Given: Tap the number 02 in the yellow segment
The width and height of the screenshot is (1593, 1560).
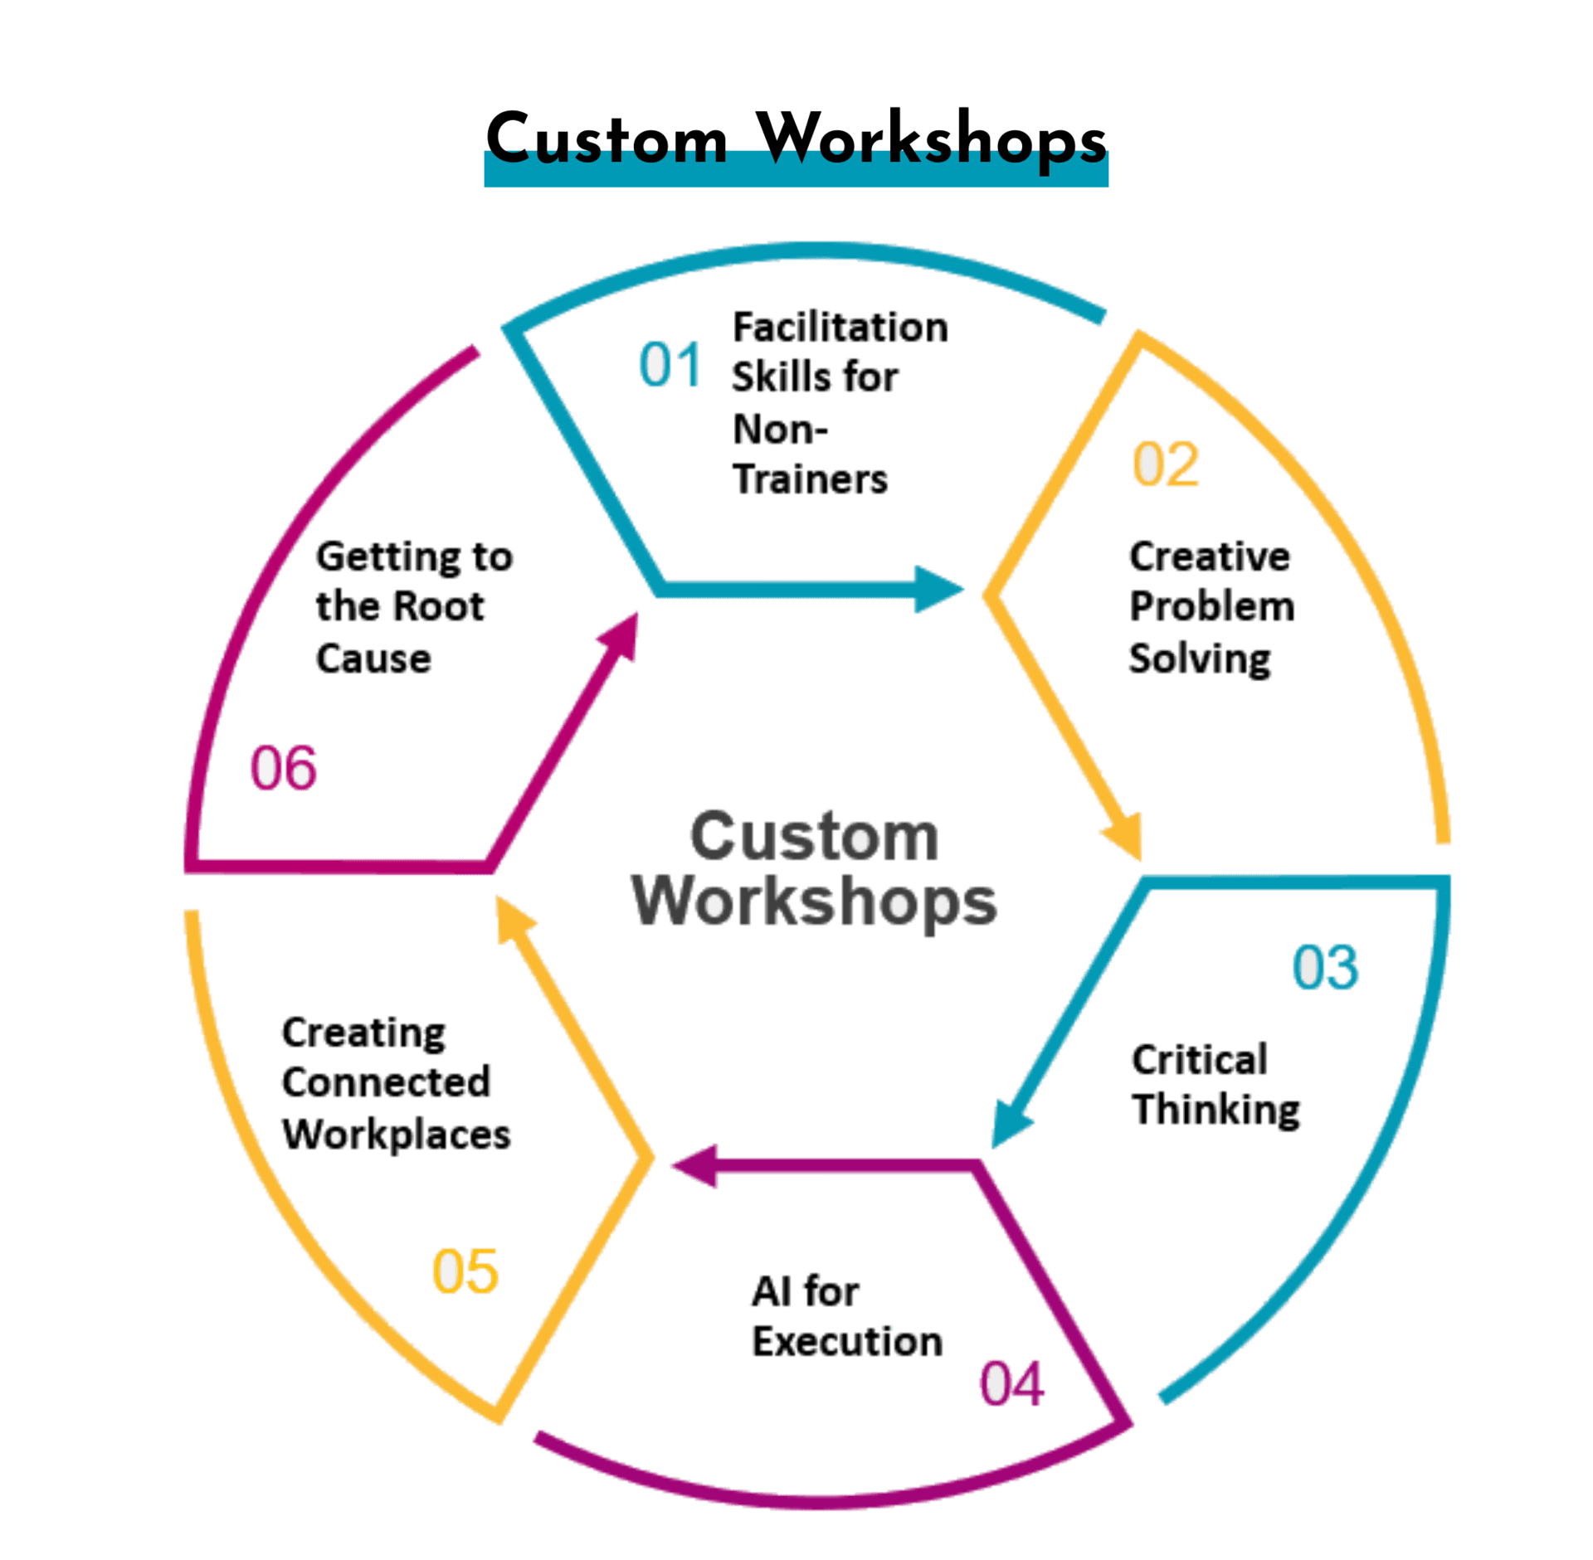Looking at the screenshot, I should [x=1166, y=464].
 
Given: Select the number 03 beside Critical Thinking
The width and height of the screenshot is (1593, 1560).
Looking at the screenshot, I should [x=1325, y=967].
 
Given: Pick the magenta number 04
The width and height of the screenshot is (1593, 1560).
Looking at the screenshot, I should [x=1011, y=1383].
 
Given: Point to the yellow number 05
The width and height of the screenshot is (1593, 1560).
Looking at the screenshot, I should [x=465, y=1271].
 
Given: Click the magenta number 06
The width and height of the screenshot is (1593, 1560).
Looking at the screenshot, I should [x=283, y=768].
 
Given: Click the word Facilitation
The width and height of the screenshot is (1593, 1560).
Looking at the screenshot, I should [x=840, y=328].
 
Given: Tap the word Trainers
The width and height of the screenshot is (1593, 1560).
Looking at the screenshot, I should [x=810, y=479].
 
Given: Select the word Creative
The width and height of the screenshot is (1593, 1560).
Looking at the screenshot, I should [x=1209, y=556].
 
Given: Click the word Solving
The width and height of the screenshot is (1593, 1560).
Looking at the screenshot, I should [x=1199, y=659].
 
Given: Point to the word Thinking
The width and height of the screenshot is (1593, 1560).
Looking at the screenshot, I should [x=1216, y=1110].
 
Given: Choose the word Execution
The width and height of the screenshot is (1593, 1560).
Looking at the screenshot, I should [x=847, y=1341].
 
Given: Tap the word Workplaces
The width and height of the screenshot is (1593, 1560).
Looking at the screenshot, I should [x=397, y=1134].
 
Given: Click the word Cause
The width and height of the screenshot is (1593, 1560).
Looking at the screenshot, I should [x=373, y=659].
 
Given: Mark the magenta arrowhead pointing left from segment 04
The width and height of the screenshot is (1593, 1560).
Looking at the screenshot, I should [x=695, y=1166].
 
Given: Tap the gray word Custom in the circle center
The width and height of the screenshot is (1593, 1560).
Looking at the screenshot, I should [x=813, y=836].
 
